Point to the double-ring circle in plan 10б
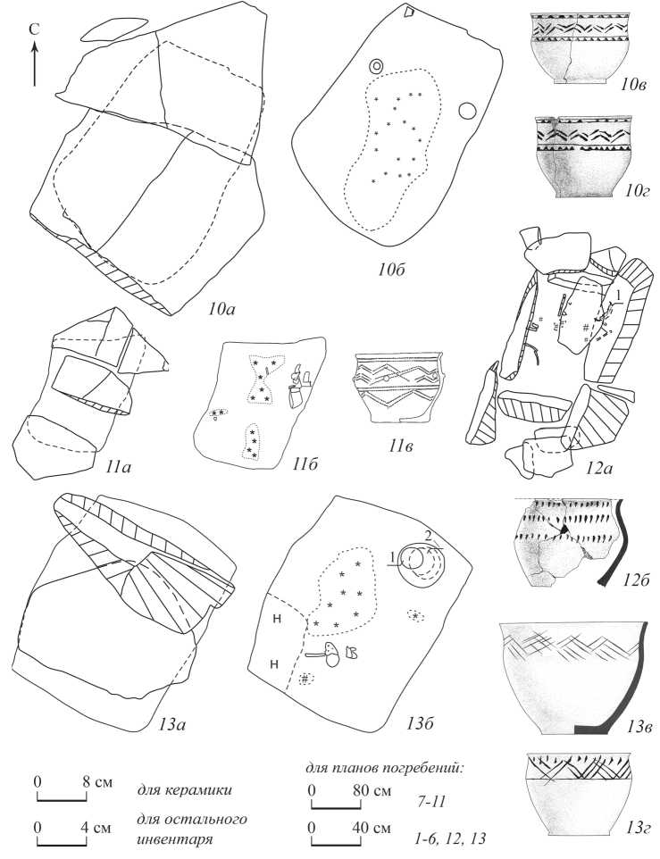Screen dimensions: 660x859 (376, 66)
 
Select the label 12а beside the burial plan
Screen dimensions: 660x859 (623, 459)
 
